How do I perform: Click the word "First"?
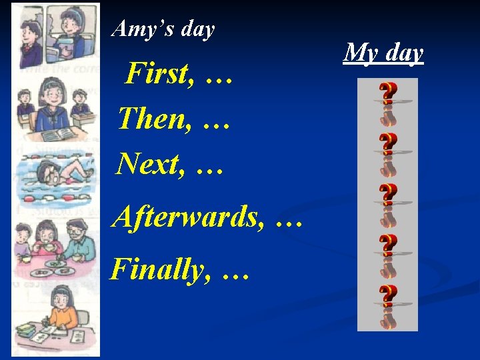point(157,74)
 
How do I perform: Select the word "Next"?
point(148,163)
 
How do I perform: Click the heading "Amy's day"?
point(163,29)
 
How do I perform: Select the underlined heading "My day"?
point(383,51)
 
